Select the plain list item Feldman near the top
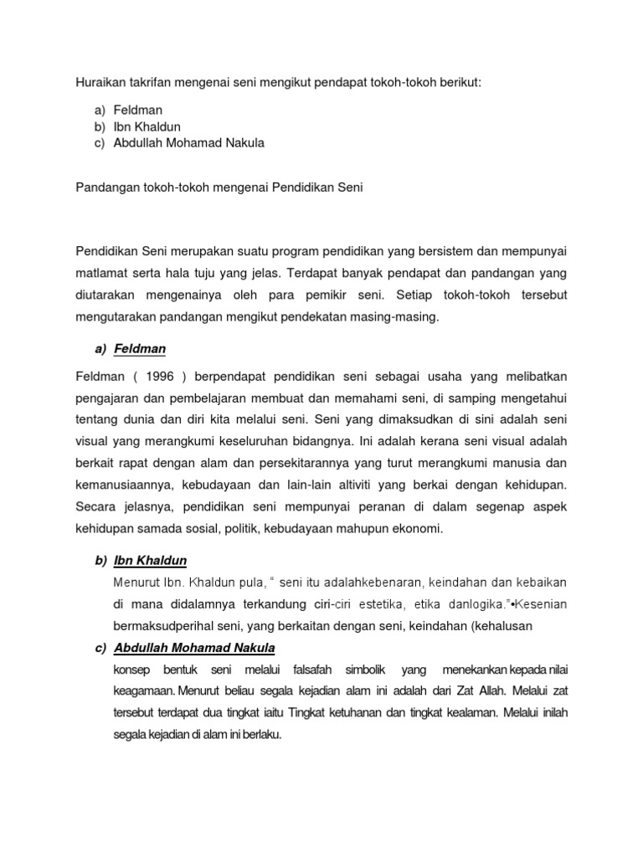point(138,110)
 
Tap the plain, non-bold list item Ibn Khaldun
point(147,126)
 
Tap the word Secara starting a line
point(96,506)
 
